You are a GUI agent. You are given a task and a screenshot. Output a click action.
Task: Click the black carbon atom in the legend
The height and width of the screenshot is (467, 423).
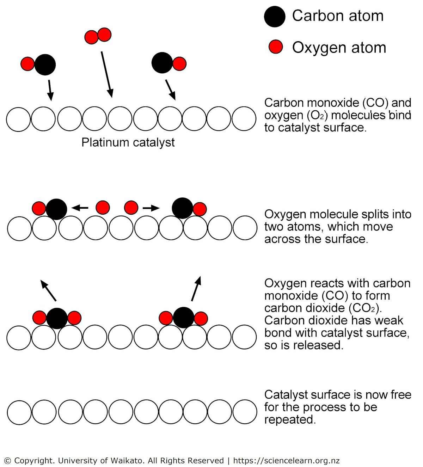(275, 17)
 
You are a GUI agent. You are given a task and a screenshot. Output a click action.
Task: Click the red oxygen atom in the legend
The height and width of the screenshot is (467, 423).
(275, 47)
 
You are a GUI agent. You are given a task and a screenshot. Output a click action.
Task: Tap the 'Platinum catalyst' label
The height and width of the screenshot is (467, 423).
(128, 142)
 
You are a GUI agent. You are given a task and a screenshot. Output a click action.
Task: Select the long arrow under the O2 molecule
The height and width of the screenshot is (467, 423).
(106, 74)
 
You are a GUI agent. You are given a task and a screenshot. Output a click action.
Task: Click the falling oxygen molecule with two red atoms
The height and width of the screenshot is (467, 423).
(98, 36)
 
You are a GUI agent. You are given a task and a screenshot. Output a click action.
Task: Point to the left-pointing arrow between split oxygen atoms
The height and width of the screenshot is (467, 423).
(80, 208)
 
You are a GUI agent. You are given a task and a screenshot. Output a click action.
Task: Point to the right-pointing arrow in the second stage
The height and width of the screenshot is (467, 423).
(151, 208)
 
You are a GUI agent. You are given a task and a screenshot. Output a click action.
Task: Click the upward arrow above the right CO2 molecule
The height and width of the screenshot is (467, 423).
(196, 289)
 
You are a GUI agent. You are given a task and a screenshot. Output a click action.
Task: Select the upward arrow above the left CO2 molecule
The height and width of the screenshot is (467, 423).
(48, 291)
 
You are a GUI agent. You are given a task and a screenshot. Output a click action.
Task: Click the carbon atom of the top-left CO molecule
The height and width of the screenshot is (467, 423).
(45, 64)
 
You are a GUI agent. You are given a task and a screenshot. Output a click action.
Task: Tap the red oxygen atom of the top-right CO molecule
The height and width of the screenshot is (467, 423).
(179, 64)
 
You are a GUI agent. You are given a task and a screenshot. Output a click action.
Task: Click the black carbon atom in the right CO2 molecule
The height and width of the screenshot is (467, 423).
(184, 317)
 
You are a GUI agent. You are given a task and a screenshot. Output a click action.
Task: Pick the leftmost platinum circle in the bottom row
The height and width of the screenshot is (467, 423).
(19, 412)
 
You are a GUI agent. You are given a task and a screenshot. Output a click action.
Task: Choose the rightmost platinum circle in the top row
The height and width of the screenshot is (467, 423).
(244, 119)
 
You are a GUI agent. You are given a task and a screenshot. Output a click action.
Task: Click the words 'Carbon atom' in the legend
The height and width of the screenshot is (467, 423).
(338, 16)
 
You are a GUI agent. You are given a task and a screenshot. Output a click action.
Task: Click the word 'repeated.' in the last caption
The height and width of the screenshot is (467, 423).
(290, 419)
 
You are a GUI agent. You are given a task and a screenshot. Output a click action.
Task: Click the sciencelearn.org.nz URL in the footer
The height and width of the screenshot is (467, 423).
(286, 460)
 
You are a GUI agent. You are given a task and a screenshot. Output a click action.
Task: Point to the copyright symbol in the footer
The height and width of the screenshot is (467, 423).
(7, 461)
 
